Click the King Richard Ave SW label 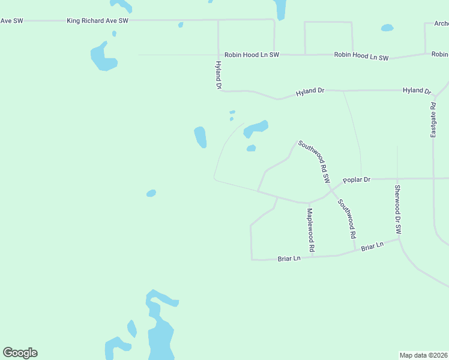pyautogui.click(x=98, y=20)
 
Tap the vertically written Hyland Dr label pyautogui.click(x=218, y=75)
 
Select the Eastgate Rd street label pyautogui.click(x=433, y=120)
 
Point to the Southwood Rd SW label pyautogui.click(x=315, y=162)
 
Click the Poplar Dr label pyautogui.click(x=357, y=179)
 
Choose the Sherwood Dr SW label pyautogui.click(x=397, y=209)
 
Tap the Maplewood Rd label pyautogui.click(x=311, y=230)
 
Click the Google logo pyautogui.click(x=20, y=353)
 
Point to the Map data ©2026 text pyautogui.click(x=423, y=355)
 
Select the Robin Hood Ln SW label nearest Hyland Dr pyautogui.click(x=252, y=55)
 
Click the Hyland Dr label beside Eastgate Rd pyautogui.click(x=417, y=91)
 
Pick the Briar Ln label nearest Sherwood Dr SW pyautogui.click(x=372, y=247)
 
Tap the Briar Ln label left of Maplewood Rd pyautogui.click(x=289, y=259)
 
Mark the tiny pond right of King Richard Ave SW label pyautogui.click(x=180, y=25)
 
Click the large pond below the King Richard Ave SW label pyautogui.click(x=103, y=57)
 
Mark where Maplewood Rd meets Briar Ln pyautogui.click(x=312, y=257)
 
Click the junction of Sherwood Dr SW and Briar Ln pyautogui.click(x=398, y=239)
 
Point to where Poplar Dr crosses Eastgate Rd pyautogui.click(x=433, y=178)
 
